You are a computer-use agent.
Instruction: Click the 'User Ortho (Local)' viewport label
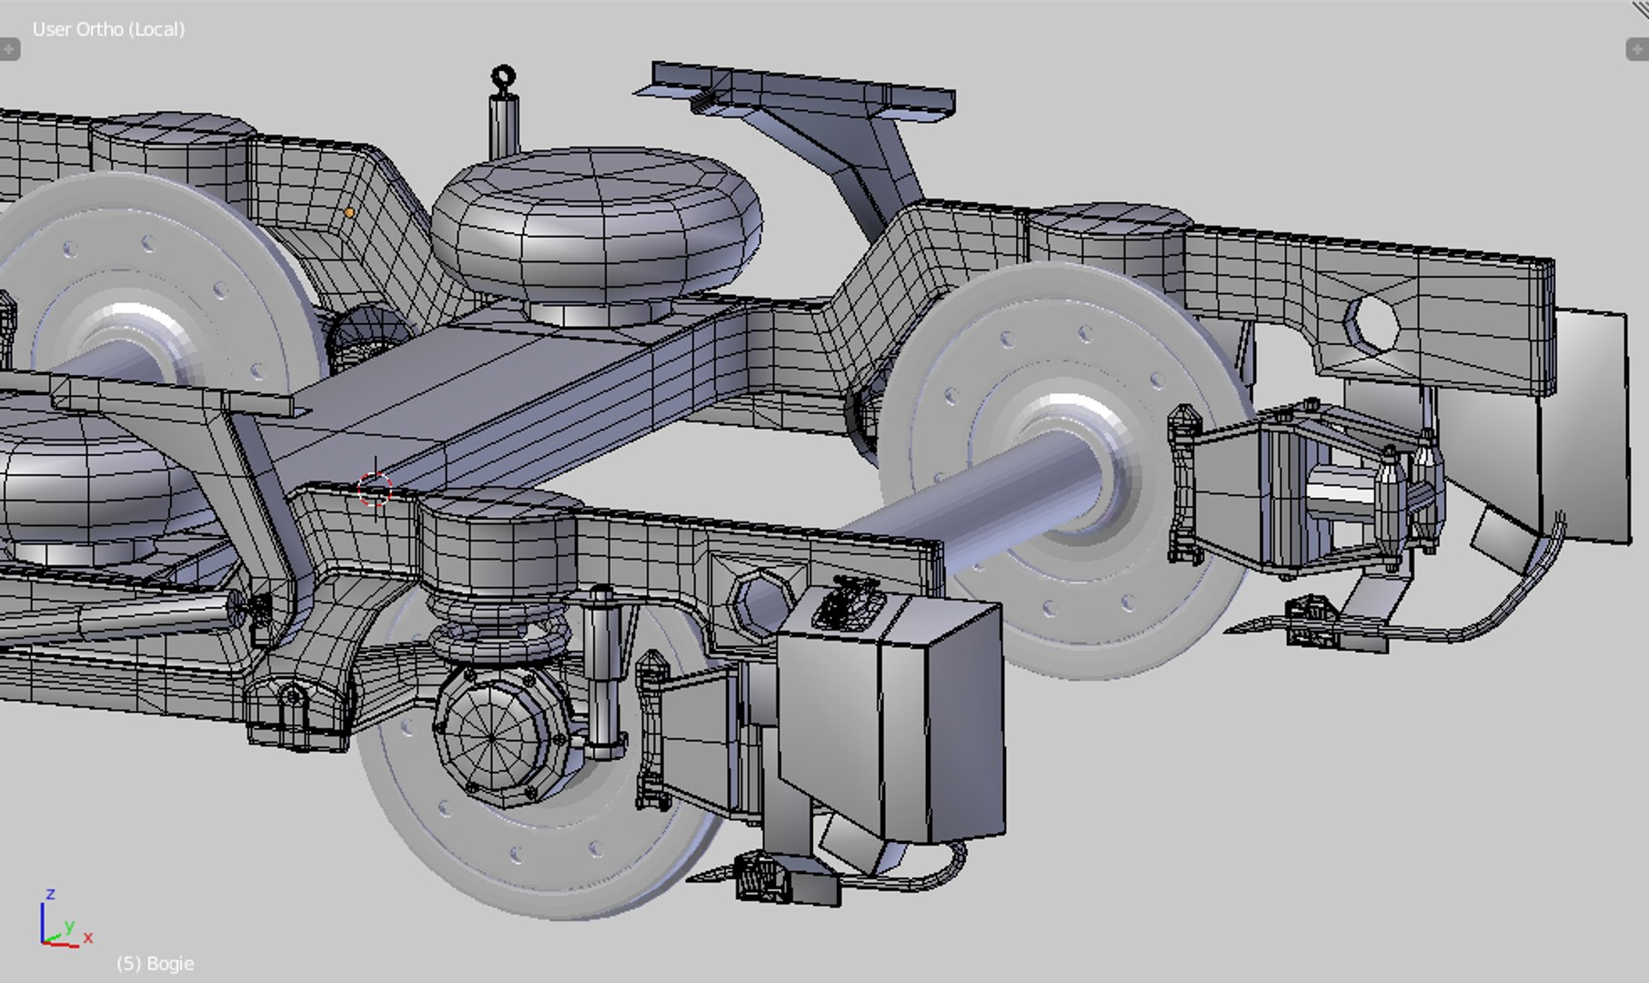pyautogui.click(x=108, y=29)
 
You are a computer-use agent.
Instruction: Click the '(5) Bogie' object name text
pyautogui.click(x=155, y=963)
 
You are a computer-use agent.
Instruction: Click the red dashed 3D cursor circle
pyautogui.click(x=374, y=490)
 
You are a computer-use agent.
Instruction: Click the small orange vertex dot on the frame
pyautogui.click(x=349, y=212)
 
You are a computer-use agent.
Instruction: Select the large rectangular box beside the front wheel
pyautogui.click(x=891, y=719)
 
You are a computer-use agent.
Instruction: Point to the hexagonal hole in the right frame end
pyautogui.click(x=1371, y=322)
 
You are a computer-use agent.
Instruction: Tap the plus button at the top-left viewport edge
pyautogui.click(x=9, y=49)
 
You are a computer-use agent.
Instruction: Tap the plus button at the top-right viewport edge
pyautogui.click(x=1636, y=49)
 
